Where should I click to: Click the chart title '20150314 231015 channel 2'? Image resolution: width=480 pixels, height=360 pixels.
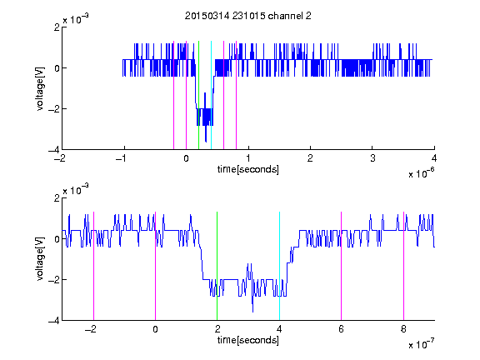[x=248, y=16]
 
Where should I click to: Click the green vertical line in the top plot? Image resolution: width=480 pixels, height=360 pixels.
[x=198, y=95]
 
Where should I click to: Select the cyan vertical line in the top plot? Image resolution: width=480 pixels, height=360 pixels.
[x=211, y=95]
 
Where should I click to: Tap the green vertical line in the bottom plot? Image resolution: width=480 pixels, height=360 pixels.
[x=217, y=266]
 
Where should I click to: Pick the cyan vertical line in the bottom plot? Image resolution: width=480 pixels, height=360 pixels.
[x=279, y=266]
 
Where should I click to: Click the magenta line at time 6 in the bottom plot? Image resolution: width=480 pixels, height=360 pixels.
[x=342, y=266]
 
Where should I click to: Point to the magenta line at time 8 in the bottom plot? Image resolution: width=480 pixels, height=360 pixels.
[x=403, y=266]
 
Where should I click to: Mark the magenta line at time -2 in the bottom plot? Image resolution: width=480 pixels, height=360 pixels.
[x=93, y=266]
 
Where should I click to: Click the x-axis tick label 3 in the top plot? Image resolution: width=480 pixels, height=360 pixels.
[x=372, y=158]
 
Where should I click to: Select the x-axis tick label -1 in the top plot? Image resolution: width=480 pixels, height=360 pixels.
[x=121, y=158]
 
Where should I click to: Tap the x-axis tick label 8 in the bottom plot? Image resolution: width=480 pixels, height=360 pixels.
[x=403, y=329]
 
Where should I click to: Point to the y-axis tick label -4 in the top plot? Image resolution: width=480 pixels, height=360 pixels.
[x=54, y=150]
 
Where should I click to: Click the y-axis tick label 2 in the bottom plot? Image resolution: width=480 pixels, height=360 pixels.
[x=57, y=198]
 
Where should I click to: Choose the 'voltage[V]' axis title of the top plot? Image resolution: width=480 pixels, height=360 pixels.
[x=40, y=89]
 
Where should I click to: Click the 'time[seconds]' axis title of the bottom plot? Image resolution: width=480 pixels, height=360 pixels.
[x=248, y=340]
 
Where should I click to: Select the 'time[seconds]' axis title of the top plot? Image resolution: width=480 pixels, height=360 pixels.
[x=248, y=169]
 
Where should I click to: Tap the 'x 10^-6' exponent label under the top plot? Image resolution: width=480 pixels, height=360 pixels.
[x=421, y=173]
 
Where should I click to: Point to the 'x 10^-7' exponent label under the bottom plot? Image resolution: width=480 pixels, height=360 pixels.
[x=421, y=344]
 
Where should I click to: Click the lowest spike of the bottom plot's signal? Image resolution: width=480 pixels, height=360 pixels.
[x=252, y=312]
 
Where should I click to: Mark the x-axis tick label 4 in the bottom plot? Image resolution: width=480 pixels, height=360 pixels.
[x=279, y=329]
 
